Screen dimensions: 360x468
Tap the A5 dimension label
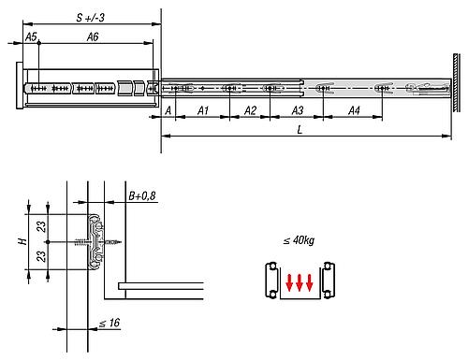[31, 36]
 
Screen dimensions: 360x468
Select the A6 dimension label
[94, 36]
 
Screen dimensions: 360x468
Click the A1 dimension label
[202, 111]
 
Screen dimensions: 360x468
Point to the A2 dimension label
[249, 111]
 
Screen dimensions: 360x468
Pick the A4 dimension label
[355, 111]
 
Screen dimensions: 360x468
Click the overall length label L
[299, 129]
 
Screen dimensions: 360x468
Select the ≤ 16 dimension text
[110, 323]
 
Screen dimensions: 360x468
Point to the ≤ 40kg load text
[298, 241]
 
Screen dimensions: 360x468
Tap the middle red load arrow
[299, 281]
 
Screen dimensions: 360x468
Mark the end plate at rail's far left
[19, 88]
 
